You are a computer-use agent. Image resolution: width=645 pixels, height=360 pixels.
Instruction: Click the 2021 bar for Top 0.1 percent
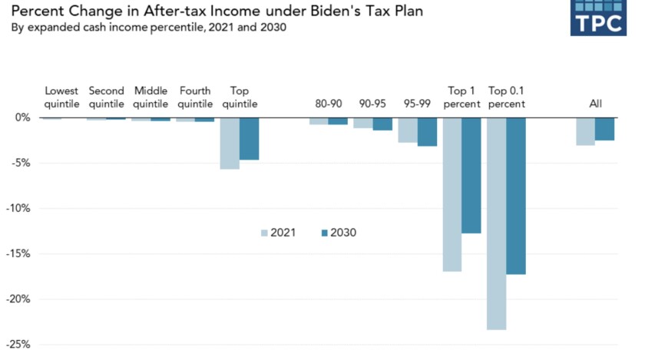(x=497, y=223)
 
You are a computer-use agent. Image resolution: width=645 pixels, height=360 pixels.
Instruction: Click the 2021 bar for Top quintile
(x=230, y=143)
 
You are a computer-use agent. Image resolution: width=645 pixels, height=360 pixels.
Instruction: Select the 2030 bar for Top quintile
(x=249, y=139)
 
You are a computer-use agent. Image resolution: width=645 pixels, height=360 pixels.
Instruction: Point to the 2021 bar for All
(x=586, y=131)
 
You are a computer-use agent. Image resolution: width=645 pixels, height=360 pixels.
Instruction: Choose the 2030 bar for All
(x=604, y=129)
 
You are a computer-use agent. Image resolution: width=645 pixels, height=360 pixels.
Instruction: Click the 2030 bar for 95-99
(x=427, y=132)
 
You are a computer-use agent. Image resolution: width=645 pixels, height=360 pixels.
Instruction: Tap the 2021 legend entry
(x=277, y=233)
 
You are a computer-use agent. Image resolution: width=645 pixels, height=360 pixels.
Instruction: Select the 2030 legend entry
(x=337, y=233)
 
